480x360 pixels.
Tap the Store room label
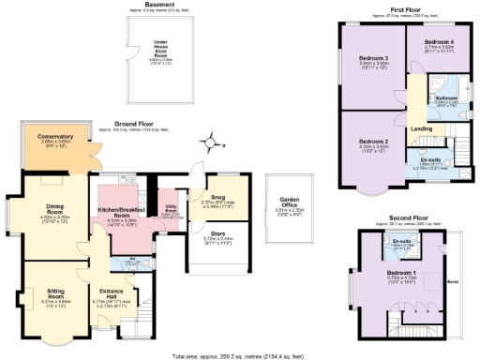click(x=216, y=236)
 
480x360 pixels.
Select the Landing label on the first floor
click(x=422, y=130)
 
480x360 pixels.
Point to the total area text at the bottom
click(x=240, y=356)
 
